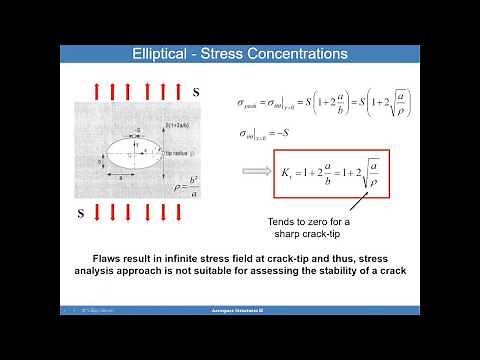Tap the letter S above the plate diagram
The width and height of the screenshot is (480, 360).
coord(196,92)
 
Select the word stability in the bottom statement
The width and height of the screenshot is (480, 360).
coord(342,270)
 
